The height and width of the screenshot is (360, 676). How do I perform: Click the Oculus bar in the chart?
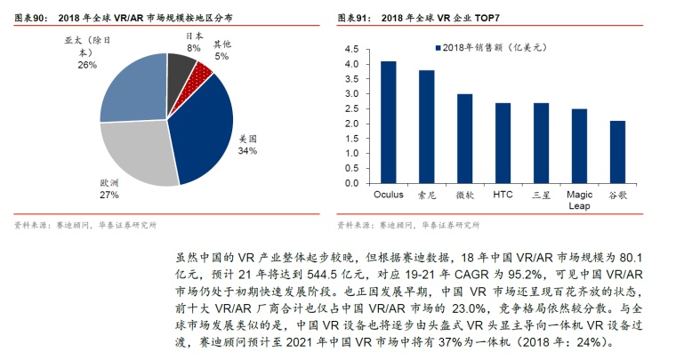click(388, 122)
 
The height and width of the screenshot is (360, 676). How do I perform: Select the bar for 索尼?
click(426, 126)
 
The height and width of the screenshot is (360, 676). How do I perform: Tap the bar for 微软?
click(464, 138)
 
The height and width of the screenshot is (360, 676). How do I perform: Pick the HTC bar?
click(503, 142)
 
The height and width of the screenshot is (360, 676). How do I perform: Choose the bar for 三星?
click(541, 142)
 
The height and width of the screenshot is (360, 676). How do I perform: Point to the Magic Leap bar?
click(579, 146)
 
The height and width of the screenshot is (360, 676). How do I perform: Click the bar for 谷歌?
click(617, 152)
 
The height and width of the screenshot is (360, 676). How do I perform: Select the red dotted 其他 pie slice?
click(202, 71)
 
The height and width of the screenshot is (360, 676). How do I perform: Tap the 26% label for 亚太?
click(86, 64)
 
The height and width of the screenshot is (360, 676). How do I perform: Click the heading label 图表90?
click(31, 17)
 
